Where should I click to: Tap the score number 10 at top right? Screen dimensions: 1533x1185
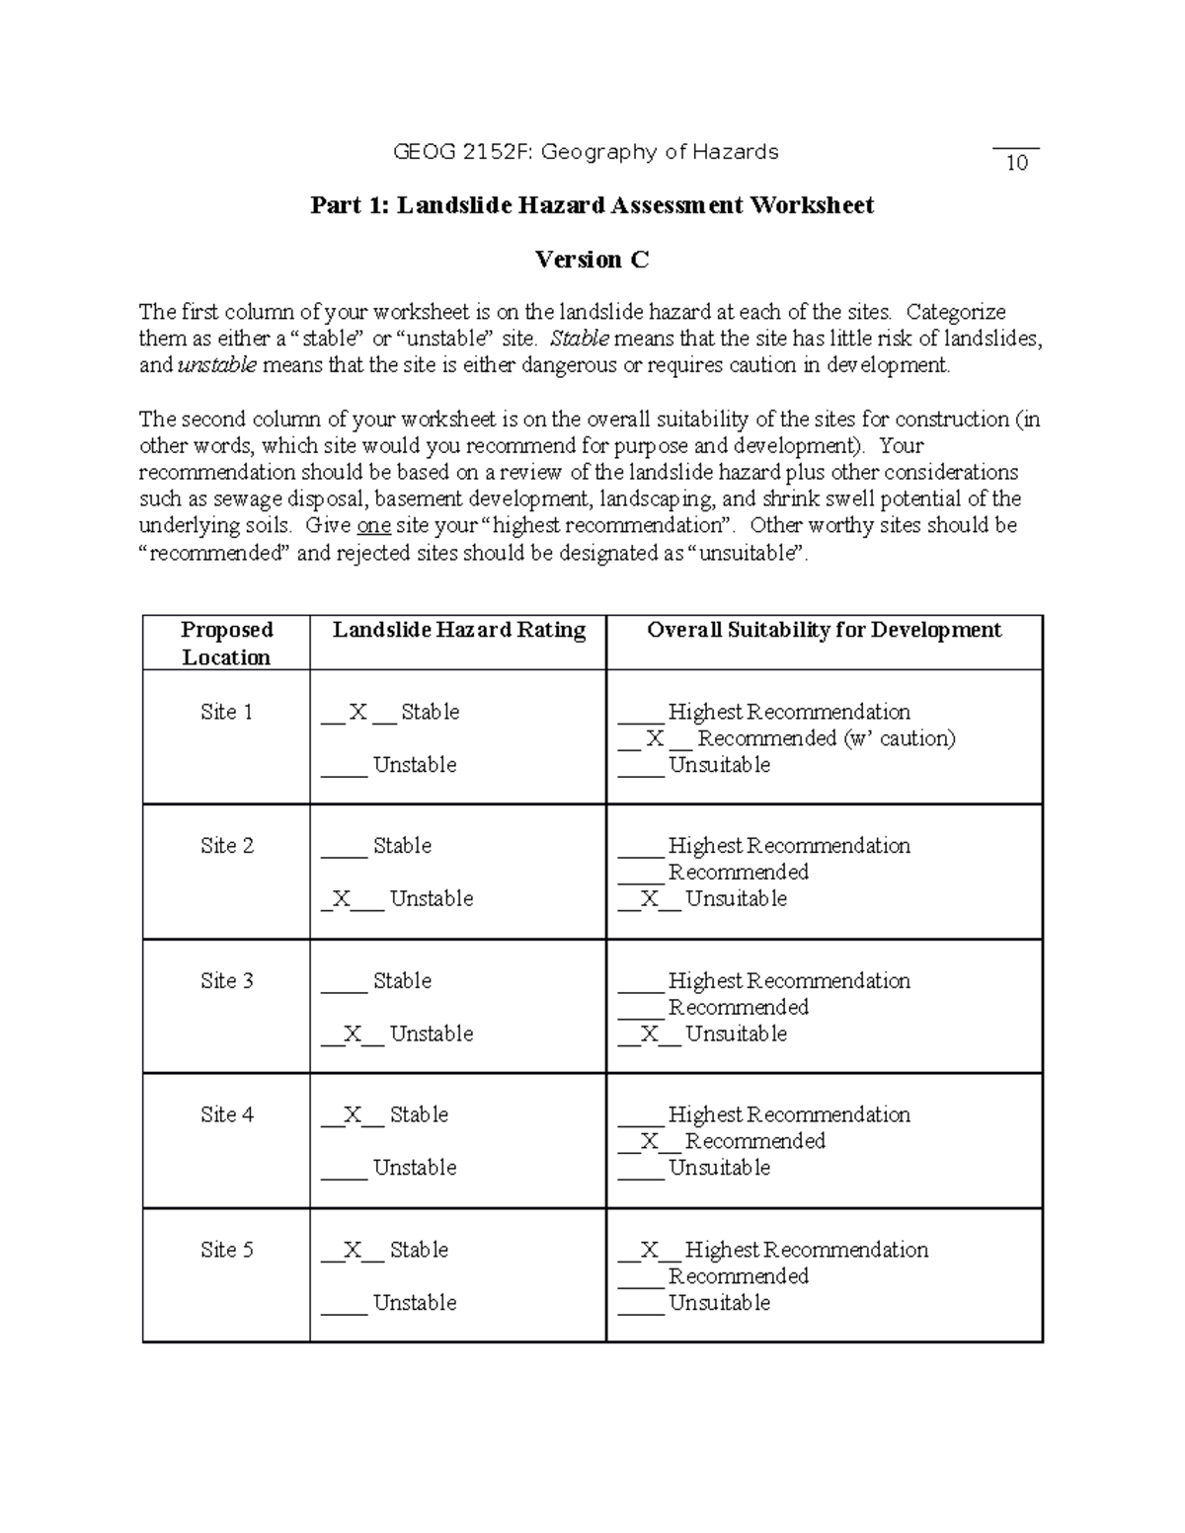(1017, 164)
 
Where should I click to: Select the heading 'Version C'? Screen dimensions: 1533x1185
(592, 260)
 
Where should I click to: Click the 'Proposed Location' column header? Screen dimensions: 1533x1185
(226, 644)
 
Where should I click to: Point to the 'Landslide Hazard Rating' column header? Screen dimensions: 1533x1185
(458, 630)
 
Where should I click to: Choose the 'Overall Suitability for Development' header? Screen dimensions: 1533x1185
(824, 630)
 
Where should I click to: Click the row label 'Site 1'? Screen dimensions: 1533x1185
(226, 712)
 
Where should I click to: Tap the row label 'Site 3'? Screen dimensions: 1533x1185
(226, 980)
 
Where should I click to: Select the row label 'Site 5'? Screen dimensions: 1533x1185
(226, 1250)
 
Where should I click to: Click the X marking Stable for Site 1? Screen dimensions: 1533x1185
(358, 712)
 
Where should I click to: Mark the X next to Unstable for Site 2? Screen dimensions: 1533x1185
(342, 898)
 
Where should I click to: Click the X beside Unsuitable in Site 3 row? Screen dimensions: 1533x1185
(649, 1034)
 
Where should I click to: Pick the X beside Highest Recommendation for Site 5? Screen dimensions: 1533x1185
(649, 1250)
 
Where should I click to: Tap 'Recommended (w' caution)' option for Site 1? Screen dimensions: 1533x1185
(826, 738)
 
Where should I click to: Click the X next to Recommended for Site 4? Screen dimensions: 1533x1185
(649, 1141)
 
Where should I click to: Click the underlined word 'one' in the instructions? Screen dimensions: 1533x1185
(373, 525)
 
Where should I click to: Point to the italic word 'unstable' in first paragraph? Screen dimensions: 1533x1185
(216, 365)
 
